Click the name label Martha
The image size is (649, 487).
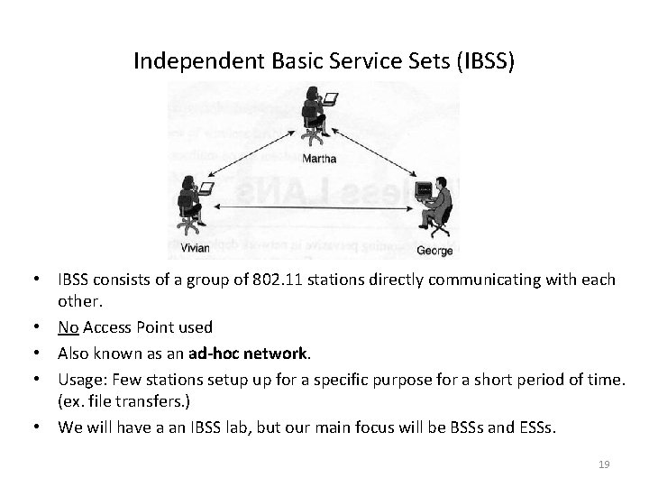(319, 159)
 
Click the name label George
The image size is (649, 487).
(434, 249)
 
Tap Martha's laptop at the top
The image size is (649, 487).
(331, 97)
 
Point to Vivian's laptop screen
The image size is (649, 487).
(206, 188)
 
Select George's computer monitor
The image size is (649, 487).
(422, 189)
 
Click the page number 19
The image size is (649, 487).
(604, 464)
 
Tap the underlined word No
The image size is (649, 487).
(68, 327)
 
